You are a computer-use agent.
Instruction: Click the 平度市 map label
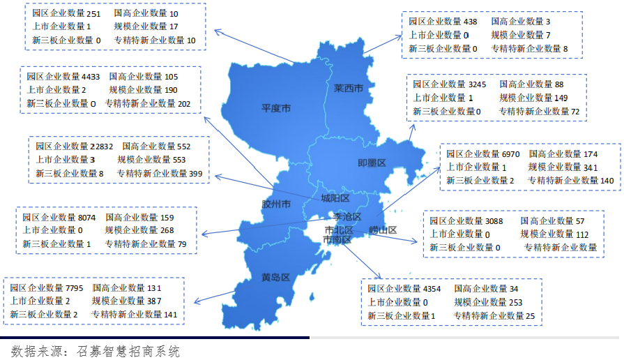pos(275,108)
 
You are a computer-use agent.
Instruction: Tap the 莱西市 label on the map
pos(348,89)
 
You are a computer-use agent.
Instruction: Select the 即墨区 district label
pos(372,163)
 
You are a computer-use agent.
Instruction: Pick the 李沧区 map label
pos(347,217)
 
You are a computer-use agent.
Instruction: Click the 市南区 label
pos(337,239)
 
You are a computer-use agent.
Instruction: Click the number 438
pos(471,22)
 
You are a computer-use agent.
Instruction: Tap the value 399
pos(195,173)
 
